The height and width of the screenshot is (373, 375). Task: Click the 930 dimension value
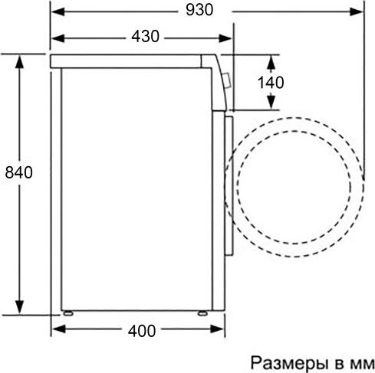tap(199, 10)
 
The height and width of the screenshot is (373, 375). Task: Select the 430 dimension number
tap(146, 36)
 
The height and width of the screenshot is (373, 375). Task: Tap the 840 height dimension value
tap(19, 172)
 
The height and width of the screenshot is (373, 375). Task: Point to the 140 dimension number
tap(271, 83)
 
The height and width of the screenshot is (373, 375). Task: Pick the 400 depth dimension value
tap(142, 331)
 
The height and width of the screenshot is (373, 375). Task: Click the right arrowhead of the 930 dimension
tap(356, 11)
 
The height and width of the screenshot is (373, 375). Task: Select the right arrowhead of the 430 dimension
tap(225, 38)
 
